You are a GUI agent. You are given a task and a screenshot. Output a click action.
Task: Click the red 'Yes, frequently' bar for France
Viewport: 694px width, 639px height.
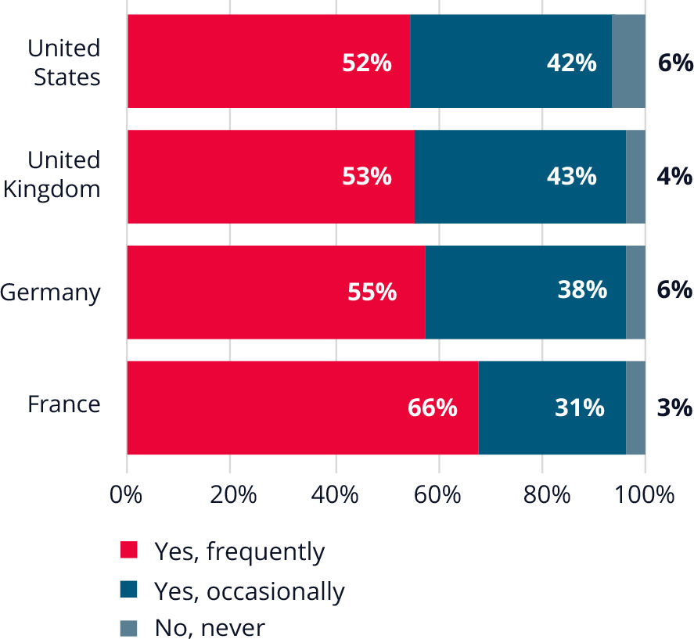point(302,407)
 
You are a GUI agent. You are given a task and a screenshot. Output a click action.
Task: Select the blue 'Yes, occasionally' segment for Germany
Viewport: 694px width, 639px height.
point(525,292)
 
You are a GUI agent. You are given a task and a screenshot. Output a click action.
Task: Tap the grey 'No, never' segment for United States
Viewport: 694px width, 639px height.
point(628,61)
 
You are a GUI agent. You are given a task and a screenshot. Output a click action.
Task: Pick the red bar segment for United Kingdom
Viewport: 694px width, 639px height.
point(270,177)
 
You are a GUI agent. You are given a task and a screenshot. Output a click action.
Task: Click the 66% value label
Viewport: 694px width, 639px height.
point(432,408)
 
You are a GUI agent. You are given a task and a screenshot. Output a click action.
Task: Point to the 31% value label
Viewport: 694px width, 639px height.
point(579,408)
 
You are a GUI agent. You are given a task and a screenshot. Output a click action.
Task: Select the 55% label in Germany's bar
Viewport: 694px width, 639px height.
point(372,293)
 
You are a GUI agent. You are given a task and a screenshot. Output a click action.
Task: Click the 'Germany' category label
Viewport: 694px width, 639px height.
point(51,293)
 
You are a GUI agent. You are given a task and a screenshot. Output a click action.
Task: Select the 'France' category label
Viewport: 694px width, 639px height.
point(64,404)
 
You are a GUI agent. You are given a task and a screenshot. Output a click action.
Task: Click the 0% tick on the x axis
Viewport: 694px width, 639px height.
point(127,495)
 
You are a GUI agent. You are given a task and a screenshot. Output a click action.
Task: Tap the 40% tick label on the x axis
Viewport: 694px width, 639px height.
point(336,495)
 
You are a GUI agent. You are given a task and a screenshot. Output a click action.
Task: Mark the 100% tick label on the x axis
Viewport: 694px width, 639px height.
point(645,495)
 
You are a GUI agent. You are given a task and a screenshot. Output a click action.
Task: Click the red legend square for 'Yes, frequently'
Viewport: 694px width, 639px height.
point(128,551)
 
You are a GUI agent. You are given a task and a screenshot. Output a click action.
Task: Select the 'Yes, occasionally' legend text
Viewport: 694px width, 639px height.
point(249,591)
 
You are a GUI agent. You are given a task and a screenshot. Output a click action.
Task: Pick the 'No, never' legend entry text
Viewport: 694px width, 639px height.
point(210,627)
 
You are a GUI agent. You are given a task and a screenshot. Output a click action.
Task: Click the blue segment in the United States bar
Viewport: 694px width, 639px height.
point(510,61)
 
